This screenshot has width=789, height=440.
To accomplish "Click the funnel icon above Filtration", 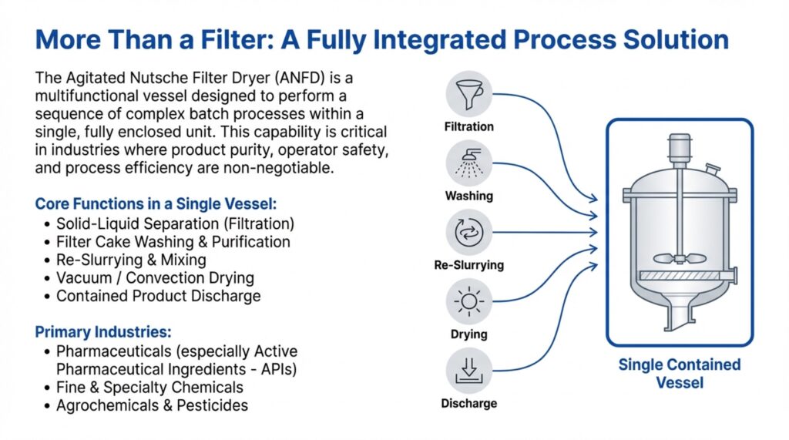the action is (469, 94).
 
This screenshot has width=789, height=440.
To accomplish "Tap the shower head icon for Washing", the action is (469, 163).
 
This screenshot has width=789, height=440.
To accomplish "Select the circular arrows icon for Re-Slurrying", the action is (469, 233).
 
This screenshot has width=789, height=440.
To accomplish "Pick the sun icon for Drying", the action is (469, 301).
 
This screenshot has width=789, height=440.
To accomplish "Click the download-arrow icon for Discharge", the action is (469, 371).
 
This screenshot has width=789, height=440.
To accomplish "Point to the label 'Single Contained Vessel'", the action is (680, 374).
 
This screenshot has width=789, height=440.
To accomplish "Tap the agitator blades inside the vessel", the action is (680, 259).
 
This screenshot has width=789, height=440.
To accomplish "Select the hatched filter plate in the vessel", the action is (679, 276).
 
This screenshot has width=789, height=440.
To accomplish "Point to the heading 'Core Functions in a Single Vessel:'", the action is (156, 204).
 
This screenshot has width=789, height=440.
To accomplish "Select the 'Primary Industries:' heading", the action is (103, 332).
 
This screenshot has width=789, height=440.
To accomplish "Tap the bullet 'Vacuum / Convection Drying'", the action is (155, 278).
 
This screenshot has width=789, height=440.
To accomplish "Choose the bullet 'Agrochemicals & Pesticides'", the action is (152, 405).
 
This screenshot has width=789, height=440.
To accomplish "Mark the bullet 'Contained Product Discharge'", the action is (159, 296).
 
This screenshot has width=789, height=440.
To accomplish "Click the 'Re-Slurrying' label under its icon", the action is (469, 265).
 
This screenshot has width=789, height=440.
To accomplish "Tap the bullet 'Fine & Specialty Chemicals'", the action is (149, 387).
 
